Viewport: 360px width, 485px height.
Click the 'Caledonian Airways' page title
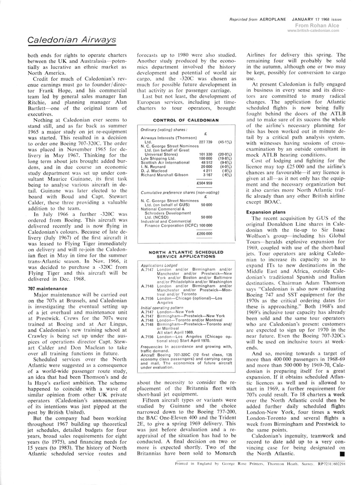pyautogui.click(x=72, y=40)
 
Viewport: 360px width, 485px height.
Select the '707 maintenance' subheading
pyautogui.click(x=48, y=289)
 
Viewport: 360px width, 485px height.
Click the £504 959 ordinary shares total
pyautogui.click(x=204, y=182)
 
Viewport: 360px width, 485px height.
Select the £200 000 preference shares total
pyautogui.click(x=204, y=234)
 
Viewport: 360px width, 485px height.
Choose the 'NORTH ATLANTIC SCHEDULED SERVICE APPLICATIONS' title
pyautogui.click(x=186, y=254)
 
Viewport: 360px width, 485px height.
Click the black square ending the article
pyautogui.click(x=342, y=453)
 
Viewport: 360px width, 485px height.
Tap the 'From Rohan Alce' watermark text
pyautogui.click(x=317, y=26)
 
